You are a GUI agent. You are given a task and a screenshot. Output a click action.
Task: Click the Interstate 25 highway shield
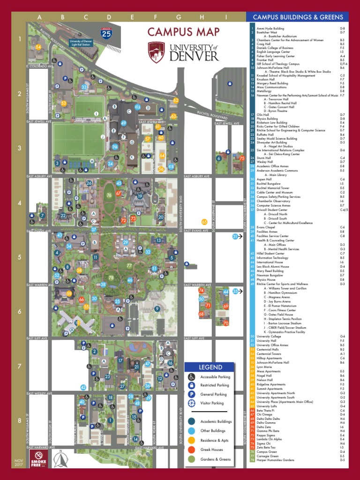[x=106, y=33]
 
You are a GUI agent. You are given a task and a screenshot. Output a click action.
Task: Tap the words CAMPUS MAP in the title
[x=183, y=32]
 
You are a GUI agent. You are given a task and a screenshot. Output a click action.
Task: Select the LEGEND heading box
[x=210, y=367]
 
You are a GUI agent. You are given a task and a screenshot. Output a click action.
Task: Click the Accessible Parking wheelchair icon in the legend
[x=192, y=376]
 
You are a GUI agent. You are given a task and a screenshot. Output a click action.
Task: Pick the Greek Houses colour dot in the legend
[x=192, y=450]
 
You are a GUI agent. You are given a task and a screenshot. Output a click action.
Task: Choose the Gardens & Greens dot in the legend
[x=192, y=459]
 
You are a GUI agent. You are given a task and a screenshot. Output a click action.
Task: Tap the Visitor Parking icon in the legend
[x=192, y=403]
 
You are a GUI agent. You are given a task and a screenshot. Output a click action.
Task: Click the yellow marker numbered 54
[x=38, y=47]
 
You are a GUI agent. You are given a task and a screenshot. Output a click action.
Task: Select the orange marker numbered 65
[x=204, y=222]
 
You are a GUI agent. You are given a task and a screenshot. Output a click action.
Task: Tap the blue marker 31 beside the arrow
[x=235, y=237]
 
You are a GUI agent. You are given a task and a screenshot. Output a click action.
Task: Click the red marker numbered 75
[x=242, y=158]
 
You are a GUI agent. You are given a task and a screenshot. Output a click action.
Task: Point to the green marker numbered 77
[x=129, y=266]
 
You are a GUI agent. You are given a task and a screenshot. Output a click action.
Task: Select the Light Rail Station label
[x=81, y=42]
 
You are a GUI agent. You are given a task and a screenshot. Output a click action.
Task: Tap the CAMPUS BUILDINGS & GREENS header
[x=298, y=17]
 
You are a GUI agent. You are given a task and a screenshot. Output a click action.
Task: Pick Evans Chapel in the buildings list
[x=262, y=227]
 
